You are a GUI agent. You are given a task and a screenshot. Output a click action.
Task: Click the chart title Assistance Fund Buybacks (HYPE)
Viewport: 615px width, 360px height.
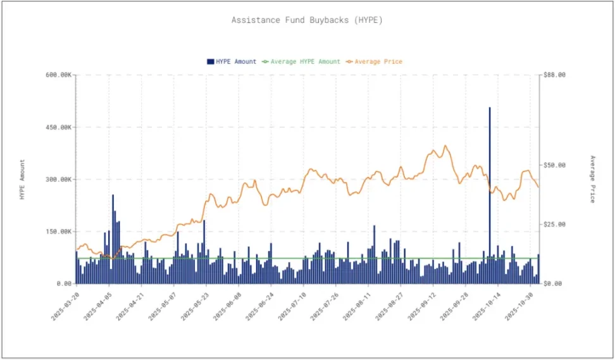coord(307,20)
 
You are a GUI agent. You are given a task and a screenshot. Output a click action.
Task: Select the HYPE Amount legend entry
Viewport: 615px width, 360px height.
coord(232,61)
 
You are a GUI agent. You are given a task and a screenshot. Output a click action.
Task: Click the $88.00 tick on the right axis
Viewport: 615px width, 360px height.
coord(554,75)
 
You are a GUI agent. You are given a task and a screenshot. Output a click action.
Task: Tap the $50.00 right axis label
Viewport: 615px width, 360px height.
coord(554,165)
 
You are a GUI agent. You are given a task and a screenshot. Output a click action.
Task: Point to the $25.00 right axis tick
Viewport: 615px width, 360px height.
coord(554,225)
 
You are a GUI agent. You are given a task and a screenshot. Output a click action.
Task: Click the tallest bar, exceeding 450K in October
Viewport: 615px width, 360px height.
coord(490,190)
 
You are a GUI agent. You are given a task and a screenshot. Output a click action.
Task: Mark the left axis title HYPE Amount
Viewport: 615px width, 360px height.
coord(23,180)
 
